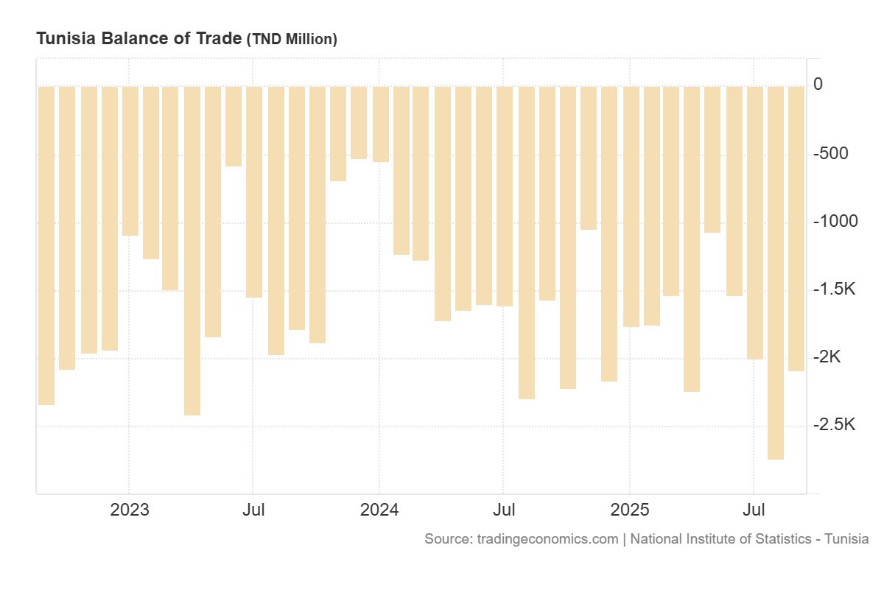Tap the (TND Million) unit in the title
pos(292,40)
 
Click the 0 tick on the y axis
pos(818,85)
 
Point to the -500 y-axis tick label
pos(829,153)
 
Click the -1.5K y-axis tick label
pos(833,289)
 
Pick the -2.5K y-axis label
pos(833,425)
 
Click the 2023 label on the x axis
pos(130,510)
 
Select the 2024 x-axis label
pos(379,510)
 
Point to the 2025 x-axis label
pos(630,510)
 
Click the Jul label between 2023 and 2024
pos(253,510)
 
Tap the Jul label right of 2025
pos(754,510)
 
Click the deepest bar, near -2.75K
pos(776,273)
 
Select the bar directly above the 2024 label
pos(381,124)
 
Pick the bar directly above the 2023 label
pos(130,161)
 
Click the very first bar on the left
pos(46,245)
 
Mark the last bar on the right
pos(796,228)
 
